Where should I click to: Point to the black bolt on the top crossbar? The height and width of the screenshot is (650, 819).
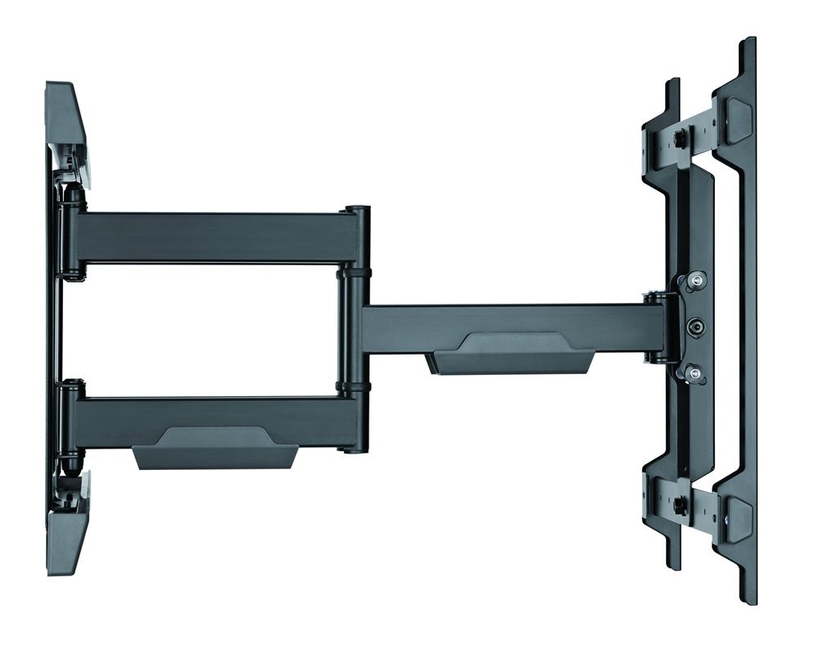click(x=679, y=136)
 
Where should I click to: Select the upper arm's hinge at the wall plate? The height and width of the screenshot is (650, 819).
click(x=72, y=237)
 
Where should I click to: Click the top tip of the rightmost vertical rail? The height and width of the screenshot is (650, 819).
click(x=747, y=43)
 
